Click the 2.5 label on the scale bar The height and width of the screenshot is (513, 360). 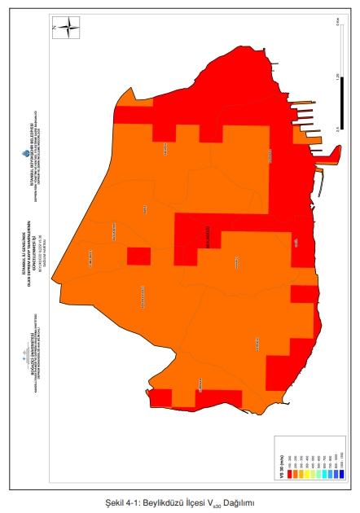pos(336,129)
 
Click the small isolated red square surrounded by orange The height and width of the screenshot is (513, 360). pos(138,256)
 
